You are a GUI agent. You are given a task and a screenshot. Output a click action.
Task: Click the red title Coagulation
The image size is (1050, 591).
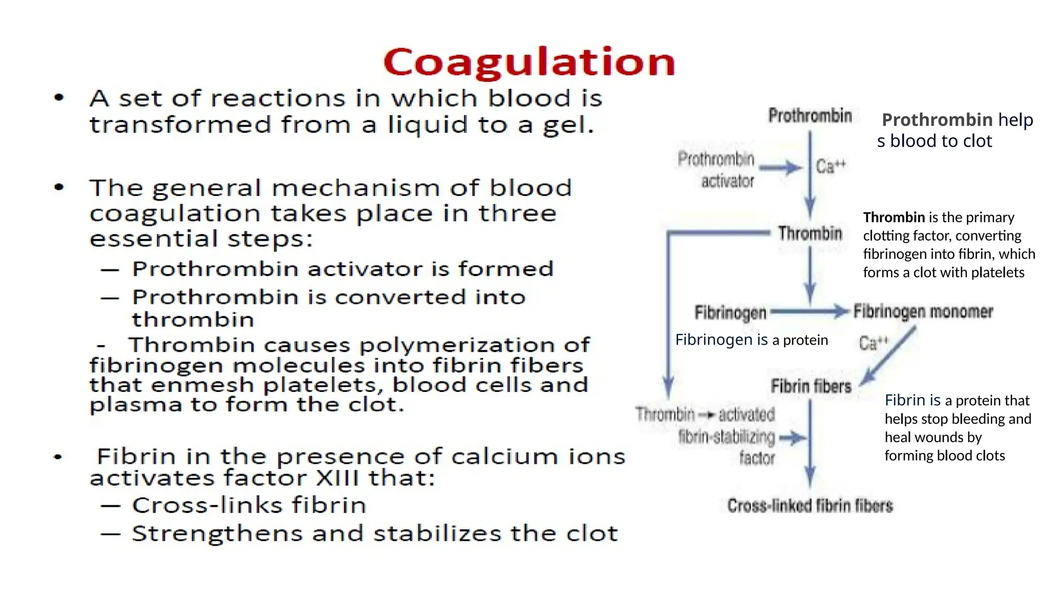[529, 63]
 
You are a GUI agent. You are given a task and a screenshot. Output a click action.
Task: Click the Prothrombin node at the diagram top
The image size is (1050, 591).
[810, 116]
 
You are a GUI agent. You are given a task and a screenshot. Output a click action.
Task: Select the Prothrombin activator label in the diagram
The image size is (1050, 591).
[717, 170]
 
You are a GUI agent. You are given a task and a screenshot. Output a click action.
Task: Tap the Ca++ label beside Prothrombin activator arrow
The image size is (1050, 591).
[831, 166]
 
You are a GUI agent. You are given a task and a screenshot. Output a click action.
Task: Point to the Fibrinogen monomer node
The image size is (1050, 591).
[923, 312]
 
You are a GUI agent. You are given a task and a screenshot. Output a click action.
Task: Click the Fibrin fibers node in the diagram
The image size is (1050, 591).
[811, 386]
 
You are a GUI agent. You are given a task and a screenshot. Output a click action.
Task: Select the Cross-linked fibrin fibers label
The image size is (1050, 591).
[810, 506]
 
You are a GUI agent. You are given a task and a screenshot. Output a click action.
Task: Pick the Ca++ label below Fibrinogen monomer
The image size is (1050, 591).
[873, 343]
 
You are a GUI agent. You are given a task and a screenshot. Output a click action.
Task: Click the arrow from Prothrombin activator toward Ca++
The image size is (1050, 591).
[780, 167]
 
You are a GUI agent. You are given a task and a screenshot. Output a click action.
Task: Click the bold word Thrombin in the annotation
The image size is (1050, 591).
[894, 218]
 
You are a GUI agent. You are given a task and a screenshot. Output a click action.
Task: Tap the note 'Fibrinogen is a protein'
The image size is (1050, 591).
[751, 340]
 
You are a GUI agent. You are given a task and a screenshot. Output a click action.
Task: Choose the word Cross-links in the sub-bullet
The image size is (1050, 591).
[208, 505]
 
